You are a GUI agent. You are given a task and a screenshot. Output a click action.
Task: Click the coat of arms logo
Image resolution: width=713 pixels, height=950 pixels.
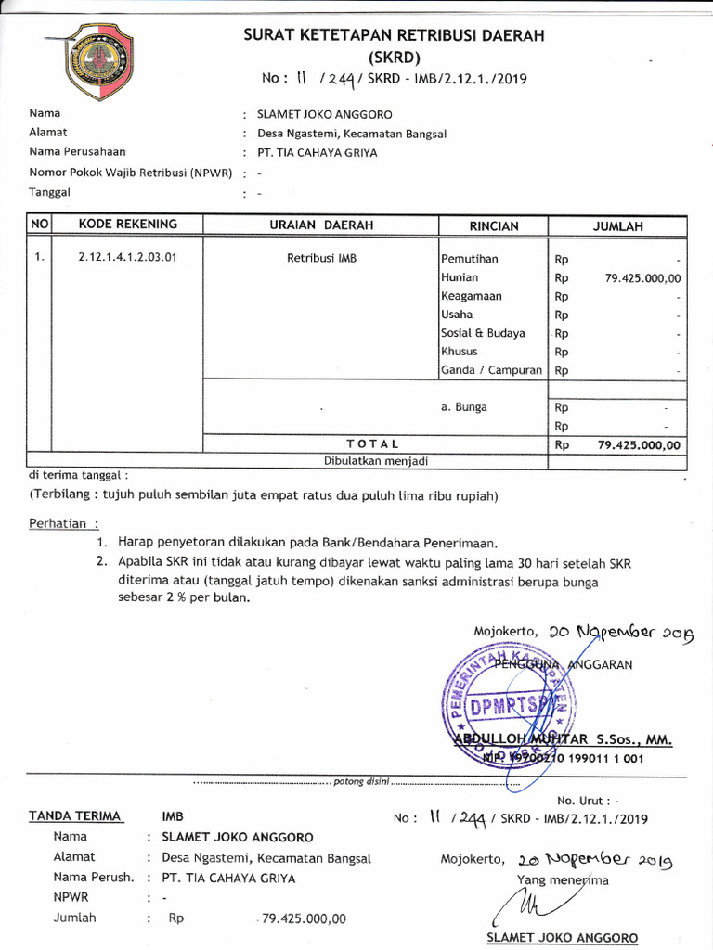click(97, 60)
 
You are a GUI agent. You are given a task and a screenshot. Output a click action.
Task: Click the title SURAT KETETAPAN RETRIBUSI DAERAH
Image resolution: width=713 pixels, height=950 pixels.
click(394, 36)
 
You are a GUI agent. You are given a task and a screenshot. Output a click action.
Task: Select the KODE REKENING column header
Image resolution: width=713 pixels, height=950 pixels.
click(127, 225)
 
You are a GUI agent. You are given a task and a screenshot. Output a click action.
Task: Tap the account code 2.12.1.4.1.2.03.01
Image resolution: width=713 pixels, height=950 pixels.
click(127, 259)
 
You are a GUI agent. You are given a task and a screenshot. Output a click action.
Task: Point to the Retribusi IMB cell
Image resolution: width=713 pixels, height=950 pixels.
click(321, 259)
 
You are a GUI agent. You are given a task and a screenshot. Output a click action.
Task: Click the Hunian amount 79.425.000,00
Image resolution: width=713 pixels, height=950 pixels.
click(642, 277)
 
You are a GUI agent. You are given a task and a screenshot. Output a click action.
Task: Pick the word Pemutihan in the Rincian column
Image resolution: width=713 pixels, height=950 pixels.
click(470, 259)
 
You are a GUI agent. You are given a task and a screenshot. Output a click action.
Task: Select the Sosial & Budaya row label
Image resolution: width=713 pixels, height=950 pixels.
click(483, 333)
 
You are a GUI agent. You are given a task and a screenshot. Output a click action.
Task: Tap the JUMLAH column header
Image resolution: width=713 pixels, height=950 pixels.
click(617, 226)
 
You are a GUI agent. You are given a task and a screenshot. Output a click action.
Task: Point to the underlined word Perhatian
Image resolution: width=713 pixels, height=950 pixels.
click(63, 522)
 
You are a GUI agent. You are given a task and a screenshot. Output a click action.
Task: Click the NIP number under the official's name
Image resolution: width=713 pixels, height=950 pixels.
click(563, 758)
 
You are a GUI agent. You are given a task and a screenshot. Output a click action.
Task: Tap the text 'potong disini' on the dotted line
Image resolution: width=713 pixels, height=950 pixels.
click(361, 781)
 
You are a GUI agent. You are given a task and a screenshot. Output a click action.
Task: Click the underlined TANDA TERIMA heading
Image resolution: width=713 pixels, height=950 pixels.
click(75, 816)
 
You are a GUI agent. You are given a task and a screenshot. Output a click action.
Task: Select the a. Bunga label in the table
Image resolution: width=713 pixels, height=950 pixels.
click(463, 407)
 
